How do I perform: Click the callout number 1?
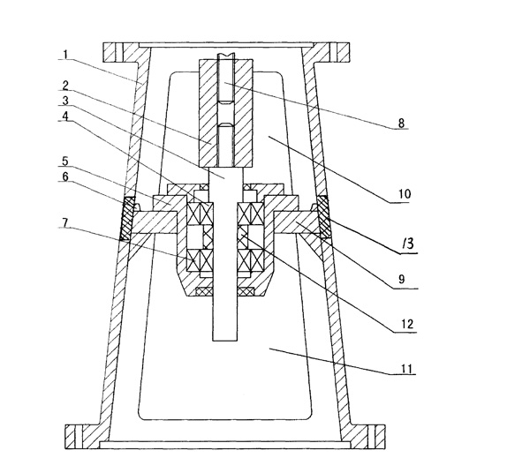coord(66,54)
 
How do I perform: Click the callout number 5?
coord(66,161)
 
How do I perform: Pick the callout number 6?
coord(66,176)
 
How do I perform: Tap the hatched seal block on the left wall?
coord(127,218)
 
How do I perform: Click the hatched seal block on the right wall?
coord(322,216)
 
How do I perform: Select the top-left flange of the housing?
coord(124,54)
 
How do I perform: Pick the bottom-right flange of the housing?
coord(361,436)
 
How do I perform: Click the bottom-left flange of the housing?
coord(85,436)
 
